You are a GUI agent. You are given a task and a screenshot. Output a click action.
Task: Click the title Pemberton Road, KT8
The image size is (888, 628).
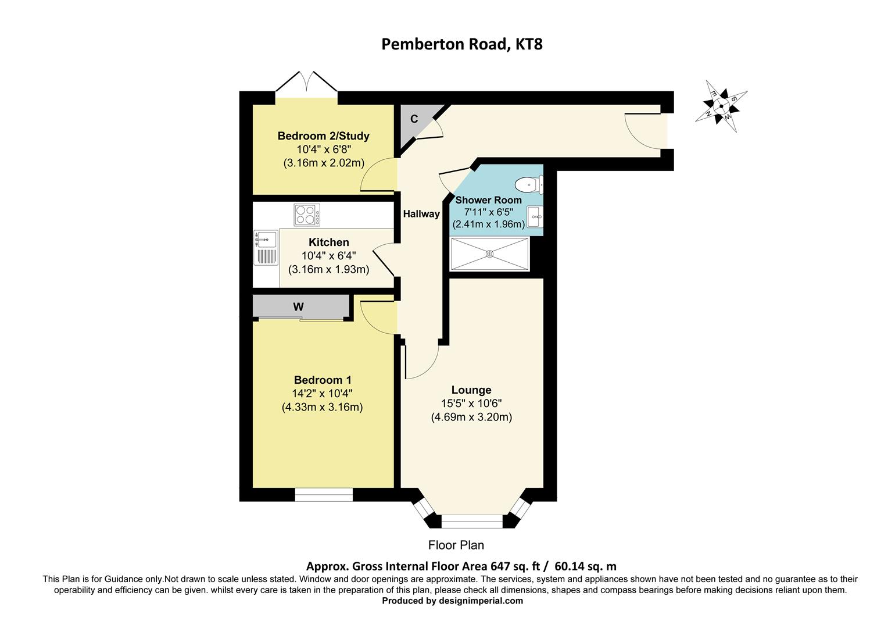pyautogui.click(x=461, y=44)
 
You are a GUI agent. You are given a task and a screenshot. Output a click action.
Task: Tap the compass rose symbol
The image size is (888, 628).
pyautogui.click(x=721, y=106)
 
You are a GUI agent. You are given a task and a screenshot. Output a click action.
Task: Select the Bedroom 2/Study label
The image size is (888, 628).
pyautogui.click(x=323, y=136)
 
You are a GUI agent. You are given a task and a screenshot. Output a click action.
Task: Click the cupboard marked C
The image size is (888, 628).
pyautogui.click(x=414, y=120)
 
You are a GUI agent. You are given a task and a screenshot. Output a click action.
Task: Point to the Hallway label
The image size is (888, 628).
pyautogui.click(x=421, y=214)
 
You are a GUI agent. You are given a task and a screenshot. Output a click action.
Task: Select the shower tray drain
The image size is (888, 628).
pyautogui.click(x=490, y=254)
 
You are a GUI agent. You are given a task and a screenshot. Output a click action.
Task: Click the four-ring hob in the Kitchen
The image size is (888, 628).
pyautogui.click(x=307, y=215)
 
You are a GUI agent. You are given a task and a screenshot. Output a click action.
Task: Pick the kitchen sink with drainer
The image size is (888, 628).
pyautogui.click(x=266, y=249)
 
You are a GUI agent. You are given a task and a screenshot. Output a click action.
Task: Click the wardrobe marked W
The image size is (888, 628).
pyautogui.click(x=299, y=307)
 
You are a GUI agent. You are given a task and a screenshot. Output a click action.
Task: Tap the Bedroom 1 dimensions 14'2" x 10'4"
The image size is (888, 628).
pyautogui.click(x=322, y=394)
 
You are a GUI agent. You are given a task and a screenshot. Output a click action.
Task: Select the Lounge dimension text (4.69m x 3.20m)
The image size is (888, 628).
pyautogui.click(x=471, y=417)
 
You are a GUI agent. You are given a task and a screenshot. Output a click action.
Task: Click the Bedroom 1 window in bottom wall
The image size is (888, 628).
pyautogui.click(x=324, y=495)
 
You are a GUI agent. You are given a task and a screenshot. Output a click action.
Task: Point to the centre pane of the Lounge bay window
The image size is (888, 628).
pyautogui.click(x=471, y=521)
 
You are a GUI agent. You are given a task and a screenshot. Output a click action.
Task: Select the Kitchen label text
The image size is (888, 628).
pyautogui.click(x=328, y=242)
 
